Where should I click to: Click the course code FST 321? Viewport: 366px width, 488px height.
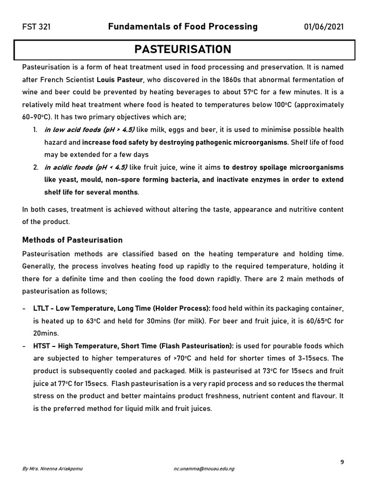[36, 27]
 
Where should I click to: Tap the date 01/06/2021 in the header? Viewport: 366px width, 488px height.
[324, 27]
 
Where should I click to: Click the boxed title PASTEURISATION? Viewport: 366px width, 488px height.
[183, 50]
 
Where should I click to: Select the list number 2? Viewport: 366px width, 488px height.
[36, 167]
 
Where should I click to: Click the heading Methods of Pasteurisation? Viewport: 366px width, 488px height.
[72, 240]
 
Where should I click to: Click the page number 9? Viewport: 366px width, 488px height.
[342, 461]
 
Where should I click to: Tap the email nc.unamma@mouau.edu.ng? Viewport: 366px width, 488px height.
[204, 469]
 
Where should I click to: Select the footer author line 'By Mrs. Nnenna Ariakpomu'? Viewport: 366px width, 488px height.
[52, 469]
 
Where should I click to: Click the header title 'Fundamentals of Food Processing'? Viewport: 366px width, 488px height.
[183, 27]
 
